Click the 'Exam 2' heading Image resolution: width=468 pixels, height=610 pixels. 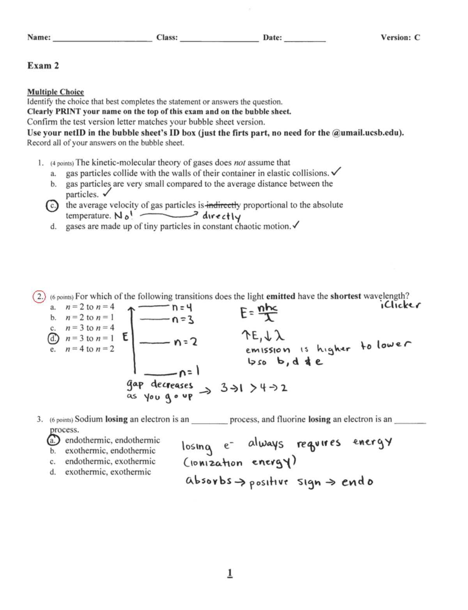tap(43, 66)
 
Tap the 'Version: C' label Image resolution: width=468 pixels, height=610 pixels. tap(400, 37)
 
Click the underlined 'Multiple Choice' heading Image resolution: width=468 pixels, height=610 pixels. tap(55, 92)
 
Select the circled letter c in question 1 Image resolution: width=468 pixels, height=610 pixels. tap(52, 206)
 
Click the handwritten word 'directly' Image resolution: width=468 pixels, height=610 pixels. tap(221, 216)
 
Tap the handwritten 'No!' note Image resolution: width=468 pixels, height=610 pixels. tap(123, 216)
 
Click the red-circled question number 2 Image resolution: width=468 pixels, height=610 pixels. tap(39, 296)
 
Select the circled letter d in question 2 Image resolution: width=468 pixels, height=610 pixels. tap(53, 339)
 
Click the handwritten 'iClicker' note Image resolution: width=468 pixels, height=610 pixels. tap(400, 305)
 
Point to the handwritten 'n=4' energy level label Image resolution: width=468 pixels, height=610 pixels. tap(183, 308)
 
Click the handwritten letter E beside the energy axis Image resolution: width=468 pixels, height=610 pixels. tap(125, 337)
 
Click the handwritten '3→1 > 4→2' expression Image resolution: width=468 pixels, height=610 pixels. tap(254, 388)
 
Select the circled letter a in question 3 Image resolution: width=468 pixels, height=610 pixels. tap(53, 441)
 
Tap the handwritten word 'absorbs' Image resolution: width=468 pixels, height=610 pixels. tap(209, 481)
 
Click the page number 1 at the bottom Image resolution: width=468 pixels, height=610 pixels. tap(230, 573)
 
